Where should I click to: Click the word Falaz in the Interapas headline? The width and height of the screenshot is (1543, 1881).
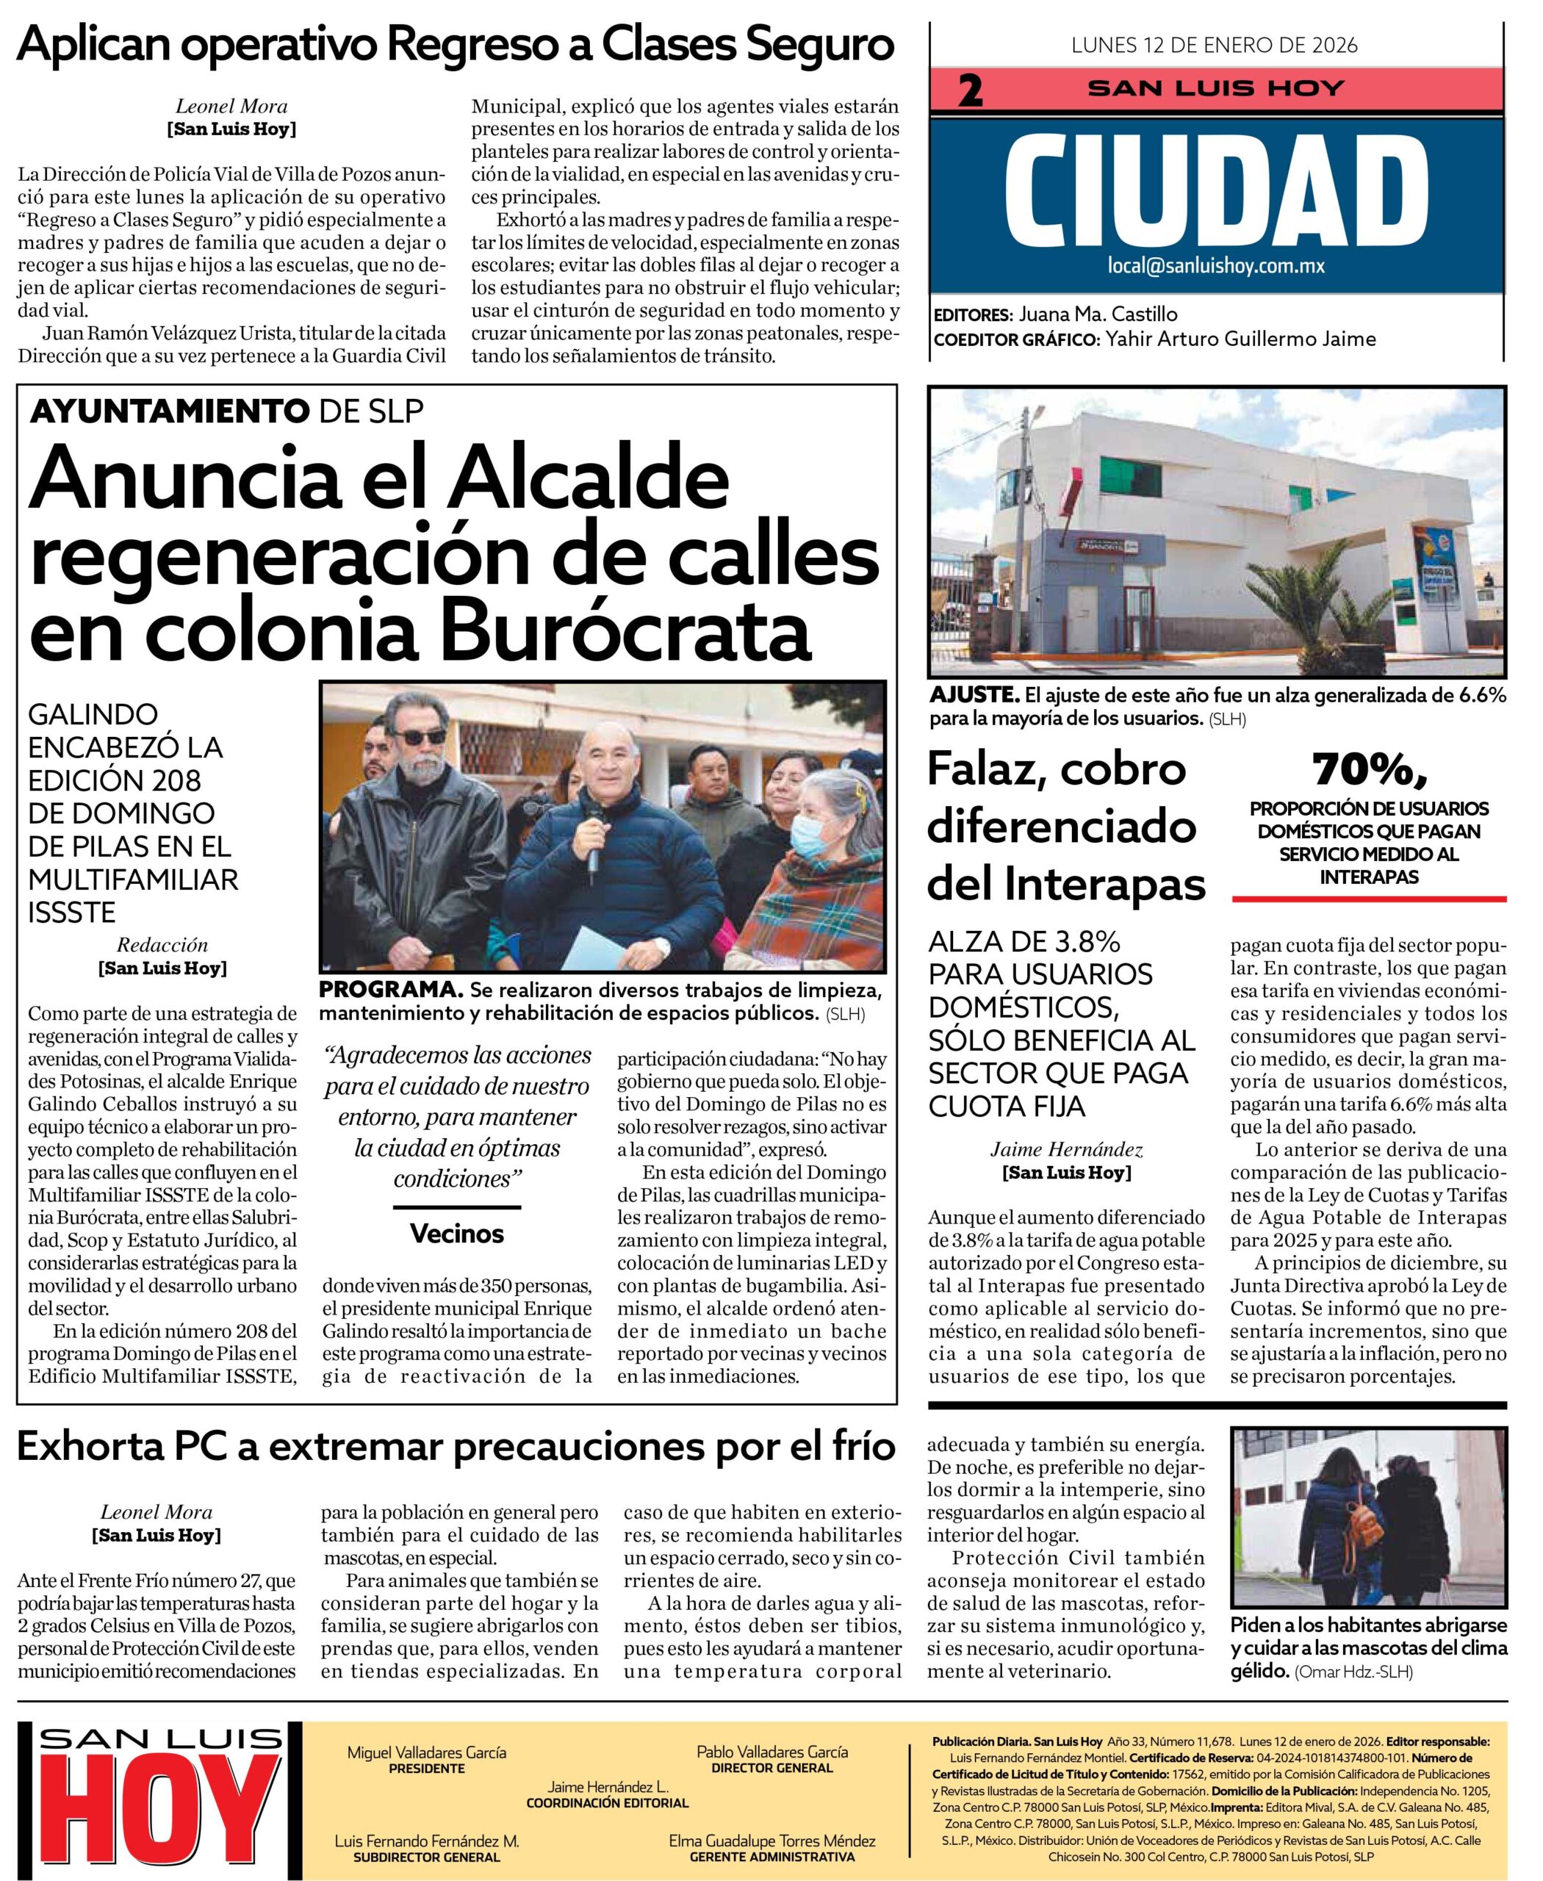click(978, 770)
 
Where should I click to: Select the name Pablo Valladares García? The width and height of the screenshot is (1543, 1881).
click(771, 1751)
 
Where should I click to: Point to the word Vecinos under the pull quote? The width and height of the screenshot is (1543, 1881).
click(457, 1233)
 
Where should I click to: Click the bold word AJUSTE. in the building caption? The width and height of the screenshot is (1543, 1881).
click(974, 695)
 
